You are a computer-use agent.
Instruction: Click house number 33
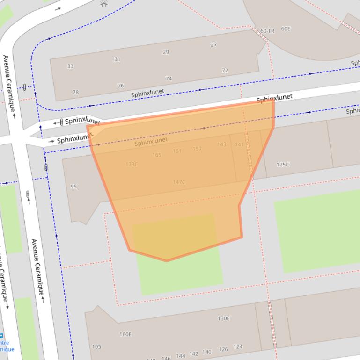[70, 66]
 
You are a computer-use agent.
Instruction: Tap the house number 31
[117, 59]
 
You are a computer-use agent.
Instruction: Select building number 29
[166, 52]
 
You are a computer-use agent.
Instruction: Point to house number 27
[213, 45]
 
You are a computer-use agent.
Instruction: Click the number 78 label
[75, 93]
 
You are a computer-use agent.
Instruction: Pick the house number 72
[225, 71]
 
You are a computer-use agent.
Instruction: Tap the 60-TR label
[267, 31]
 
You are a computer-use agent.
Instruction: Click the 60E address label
[286, 29]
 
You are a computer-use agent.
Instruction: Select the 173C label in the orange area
[132, 165]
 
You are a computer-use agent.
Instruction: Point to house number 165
[156, 155]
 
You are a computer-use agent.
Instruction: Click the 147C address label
[179, 182]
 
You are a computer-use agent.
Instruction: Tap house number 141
[239, 145]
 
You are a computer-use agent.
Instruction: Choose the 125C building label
[283, 165]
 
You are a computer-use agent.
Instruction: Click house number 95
[73, 187]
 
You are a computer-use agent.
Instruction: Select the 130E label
[224, 318]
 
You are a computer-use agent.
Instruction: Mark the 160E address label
[125, 334]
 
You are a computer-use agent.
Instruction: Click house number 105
[96, 347]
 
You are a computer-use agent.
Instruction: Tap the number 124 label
[238, 347]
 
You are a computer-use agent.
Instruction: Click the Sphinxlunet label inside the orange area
[151, 141]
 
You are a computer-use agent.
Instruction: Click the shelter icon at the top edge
[104, 4]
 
